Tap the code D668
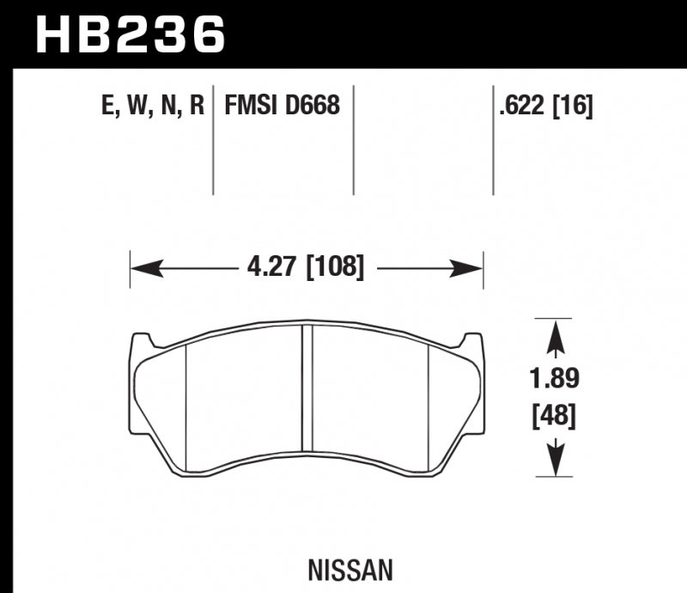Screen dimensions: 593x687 [314, 106]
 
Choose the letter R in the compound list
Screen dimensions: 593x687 [197, 106]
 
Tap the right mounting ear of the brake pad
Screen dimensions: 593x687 [471, 342]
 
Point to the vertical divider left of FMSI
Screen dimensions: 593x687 [213, 142]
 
